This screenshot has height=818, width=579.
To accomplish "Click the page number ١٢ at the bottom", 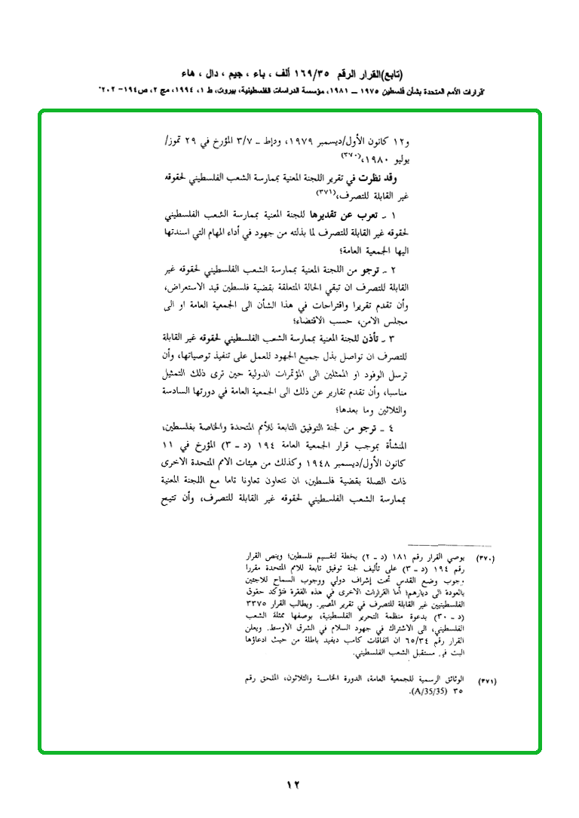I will pos(293,785).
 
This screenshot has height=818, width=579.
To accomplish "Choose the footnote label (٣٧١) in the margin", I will pos(486,682).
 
